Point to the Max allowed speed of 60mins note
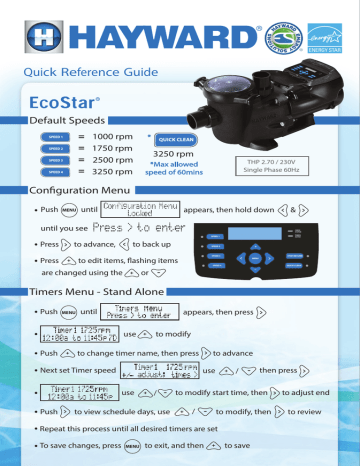pyautogui.click(x=181, y=166)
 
